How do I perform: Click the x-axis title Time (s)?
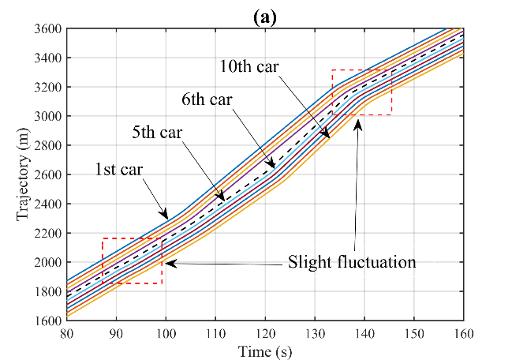point(264,351)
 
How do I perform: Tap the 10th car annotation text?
point(251,64)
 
